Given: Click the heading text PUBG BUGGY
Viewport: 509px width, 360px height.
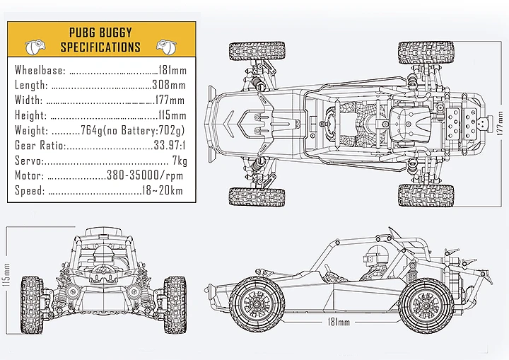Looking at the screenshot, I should [x=100, y=33].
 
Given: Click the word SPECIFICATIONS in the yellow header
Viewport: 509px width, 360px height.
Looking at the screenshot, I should [x=100, y=47].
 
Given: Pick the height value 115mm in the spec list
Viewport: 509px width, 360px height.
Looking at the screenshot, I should [x=172, y=115].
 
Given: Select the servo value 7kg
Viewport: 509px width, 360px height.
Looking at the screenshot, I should [x=179, y=161].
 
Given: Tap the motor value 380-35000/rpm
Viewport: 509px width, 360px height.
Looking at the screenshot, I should [x=145, y=175].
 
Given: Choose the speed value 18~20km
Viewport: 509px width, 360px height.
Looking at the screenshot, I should [x=162, y=191].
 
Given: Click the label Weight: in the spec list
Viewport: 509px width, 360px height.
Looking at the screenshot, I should [x=31, y=131].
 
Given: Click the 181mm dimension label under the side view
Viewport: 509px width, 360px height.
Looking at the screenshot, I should [x=338, y=323].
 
